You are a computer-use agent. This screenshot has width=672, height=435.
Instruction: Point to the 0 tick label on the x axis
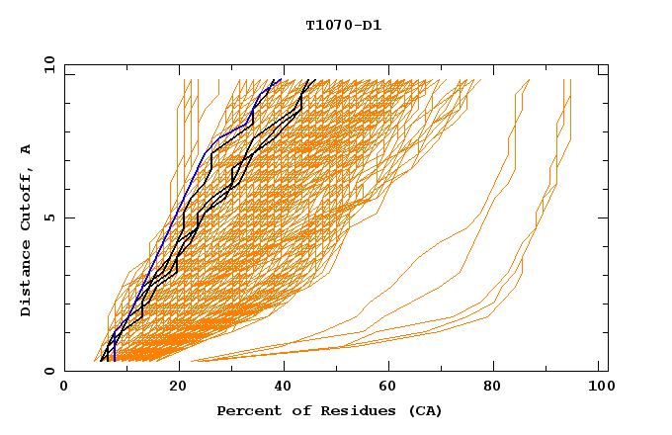64,389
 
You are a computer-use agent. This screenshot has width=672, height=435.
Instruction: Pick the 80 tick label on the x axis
493,389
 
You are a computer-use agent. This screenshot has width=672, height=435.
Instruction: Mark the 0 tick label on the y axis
48,372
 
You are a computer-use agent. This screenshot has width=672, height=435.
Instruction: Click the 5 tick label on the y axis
48,217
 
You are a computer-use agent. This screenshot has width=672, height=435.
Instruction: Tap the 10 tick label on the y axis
45,63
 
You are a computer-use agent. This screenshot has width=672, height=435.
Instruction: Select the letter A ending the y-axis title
27,149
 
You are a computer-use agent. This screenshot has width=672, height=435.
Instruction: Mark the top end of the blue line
281,79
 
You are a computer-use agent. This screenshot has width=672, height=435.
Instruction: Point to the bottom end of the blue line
114,361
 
